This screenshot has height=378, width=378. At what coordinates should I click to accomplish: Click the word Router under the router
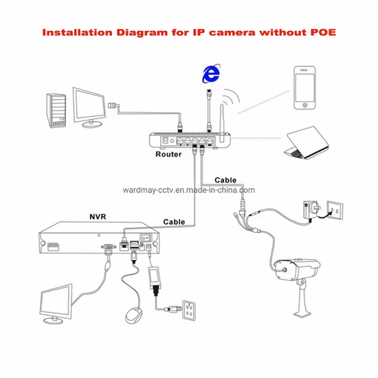point(168,155)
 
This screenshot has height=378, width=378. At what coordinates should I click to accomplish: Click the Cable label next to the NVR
point(174,221)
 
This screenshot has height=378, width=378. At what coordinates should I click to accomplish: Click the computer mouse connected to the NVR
point(132,315)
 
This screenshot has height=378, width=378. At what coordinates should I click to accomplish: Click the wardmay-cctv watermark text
point(188,190)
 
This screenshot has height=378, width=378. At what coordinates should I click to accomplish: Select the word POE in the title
point(320,32)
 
